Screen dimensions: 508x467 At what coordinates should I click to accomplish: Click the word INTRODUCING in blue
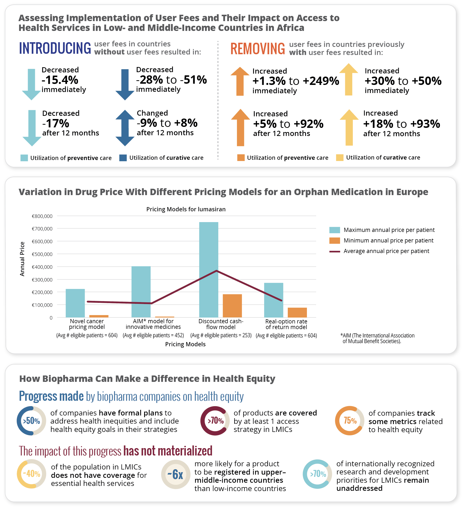(x=55, y=48)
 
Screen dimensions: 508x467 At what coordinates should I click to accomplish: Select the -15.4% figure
(x=60, y=80)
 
